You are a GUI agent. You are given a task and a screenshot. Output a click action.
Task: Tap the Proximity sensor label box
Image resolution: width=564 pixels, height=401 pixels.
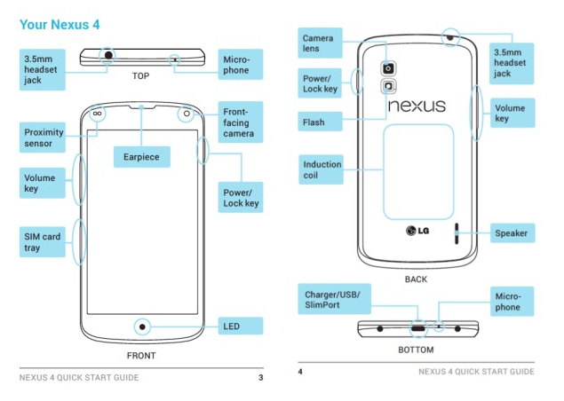[x=43, y=138]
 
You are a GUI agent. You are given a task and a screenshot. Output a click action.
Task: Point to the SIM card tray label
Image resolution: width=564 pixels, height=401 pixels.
[x=43, y=242]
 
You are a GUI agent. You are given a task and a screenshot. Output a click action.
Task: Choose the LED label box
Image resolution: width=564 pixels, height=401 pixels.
[x=241, y=326]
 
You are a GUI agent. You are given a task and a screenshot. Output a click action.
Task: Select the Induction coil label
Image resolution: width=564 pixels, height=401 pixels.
[x=322, y=170]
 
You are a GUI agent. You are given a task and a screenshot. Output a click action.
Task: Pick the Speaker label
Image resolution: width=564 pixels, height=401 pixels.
[x=511, y=233]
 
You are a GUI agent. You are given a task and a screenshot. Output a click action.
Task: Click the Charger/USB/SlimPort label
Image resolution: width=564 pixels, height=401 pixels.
[x=331, y=299]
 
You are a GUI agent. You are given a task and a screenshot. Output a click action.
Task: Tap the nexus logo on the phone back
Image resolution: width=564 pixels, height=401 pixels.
[x=417, y=106]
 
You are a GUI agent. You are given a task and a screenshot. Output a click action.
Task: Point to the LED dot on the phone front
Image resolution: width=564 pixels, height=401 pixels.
[x=140, y=326]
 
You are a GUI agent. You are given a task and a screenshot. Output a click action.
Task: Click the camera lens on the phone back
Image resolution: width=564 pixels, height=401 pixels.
[x=389, y=67]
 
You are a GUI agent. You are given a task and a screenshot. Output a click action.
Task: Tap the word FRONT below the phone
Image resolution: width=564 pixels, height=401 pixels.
[x=140, y=356]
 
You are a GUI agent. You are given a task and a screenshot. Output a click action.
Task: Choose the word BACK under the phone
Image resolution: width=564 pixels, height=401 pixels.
[x=416, y=279]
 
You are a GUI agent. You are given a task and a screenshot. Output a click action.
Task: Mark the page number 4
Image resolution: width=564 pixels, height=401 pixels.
[x=301, y=371]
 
